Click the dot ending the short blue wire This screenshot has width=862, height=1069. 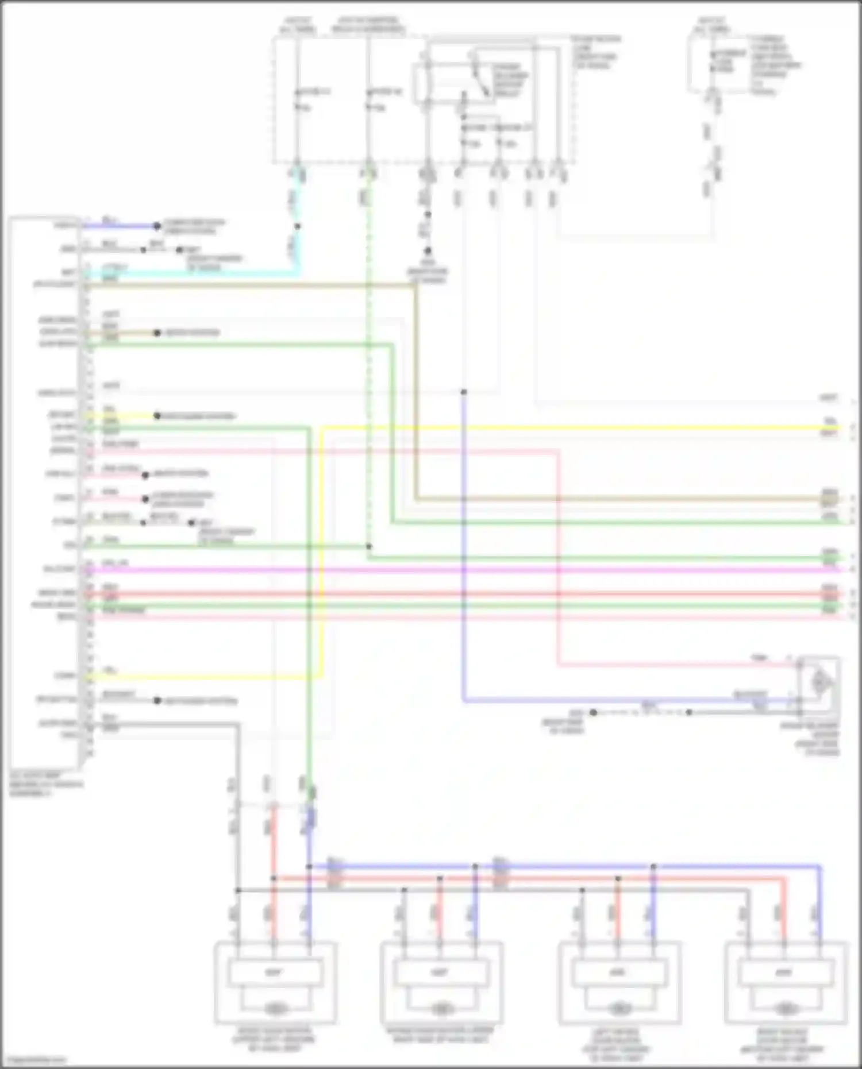156,226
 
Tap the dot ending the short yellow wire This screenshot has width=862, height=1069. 157,416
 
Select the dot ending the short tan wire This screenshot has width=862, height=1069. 156,333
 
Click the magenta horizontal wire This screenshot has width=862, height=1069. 460,570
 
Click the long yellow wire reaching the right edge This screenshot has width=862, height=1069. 575,428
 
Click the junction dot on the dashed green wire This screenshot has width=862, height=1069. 368,546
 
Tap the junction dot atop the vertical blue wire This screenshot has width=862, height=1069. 463,392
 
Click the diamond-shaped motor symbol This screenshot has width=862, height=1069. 821,682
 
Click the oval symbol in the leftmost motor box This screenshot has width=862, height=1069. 275,1008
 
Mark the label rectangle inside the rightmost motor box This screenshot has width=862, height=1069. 784,972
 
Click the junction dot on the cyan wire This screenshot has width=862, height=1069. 297,226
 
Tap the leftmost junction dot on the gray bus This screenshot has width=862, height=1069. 237,890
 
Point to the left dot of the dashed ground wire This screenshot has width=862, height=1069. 594,712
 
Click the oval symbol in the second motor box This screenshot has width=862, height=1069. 441,1008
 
